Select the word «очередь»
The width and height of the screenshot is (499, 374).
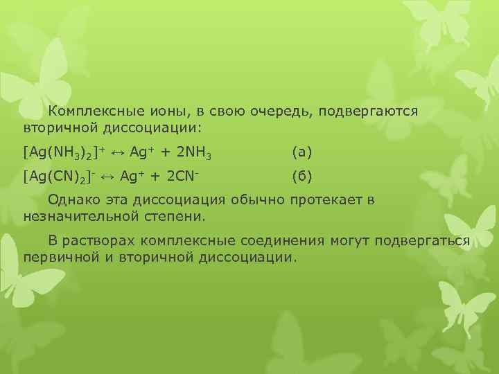[x=265, y=111]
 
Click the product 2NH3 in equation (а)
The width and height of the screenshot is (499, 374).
[x=192, y=151]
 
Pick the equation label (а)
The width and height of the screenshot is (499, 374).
[x=302, y=151]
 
